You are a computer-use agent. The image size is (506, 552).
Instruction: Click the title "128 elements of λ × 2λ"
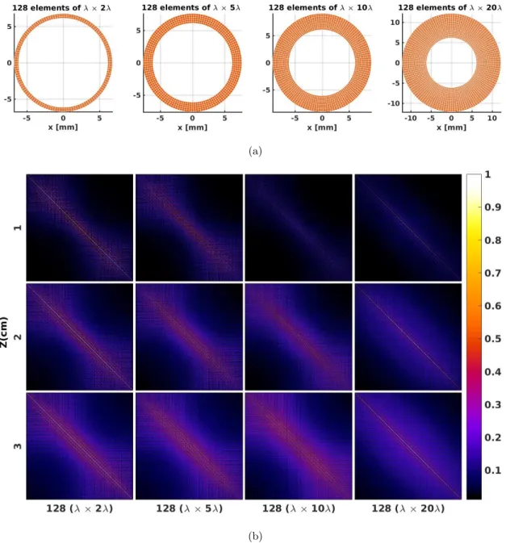(61, 7)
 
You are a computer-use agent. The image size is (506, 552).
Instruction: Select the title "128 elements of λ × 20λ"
(450, 7)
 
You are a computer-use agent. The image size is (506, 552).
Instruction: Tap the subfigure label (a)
(255, 152)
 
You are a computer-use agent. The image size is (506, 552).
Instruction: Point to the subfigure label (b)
(255, 536)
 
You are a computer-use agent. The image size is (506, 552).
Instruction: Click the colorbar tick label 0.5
(492, 339)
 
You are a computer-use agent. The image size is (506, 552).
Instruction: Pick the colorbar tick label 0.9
(492, 207)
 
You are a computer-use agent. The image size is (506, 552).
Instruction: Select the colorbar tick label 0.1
(492, 470)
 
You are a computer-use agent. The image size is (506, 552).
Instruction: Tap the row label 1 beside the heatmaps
(18, 228)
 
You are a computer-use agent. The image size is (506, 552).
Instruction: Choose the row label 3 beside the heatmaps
(18, 446)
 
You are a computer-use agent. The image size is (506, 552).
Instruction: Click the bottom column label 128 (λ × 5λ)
(189, 508)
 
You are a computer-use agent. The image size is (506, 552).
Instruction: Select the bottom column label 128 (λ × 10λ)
(299, 508)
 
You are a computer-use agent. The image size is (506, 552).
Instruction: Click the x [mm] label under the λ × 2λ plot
(63, 127)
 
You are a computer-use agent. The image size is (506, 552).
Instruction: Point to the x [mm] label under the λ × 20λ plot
(451, 127)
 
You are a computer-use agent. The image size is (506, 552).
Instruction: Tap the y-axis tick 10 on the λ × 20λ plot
(395, 23)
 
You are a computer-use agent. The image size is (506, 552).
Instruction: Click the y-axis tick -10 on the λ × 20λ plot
(394, 103)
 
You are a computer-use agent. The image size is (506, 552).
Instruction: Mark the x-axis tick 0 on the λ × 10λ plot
(322, 119)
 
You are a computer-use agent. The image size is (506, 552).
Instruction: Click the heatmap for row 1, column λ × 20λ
(408, 228)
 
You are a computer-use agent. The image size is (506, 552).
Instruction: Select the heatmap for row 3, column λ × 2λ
(80, 446)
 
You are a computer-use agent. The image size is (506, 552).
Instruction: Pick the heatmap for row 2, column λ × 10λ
(299, 337)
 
